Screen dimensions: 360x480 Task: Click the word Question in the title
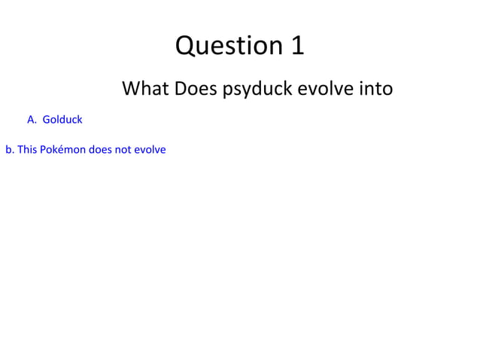pyautogui.click(x=228, y=46)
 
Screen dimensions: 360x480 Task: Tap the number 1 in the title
pyautogui.click(x=298, y=46)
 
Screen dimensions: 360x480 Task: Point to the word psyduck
pyautogui.click(x=257, y=90)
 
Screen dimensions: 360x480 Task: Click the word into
pyautogui.click(x=376, y=89)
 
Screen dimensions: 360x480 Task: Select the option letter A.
pyautogui.click(x=31, y=119)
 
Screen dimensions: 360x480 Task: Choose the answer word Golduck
pyautogui.click(x=62, y=119)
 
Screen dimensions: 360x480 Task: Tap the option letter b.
pyautogui.click(x=9, y=149)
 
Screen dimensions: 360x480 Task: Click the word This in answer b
pyautogui.click(x=26, y=149)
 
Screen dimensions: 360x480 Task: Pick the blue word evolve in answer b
pyautogui.click(x=150, y=149)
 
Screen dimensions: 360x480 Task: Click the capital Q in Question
pyautogui.click(x=184, y=46)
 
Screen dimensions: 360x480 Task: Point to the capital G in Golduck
pyautogui.click(x=46, y=119)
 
